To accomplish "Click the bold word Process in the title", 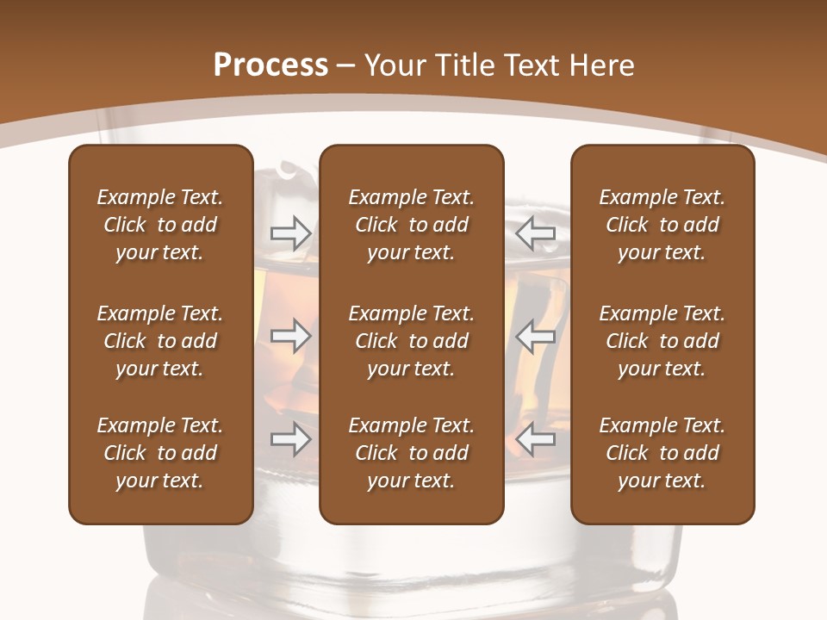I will [x=270, y=65].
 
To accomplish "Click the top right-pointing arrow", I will [x=290, y=232].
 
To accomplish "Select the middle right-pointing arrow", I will [x=290, y=336].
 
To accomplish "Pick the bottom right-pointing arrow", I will [x=290, y=440].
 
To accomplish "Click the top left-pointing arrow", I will [x=536, y=232].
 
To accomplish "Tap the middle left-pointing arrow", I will [x=536, y=336].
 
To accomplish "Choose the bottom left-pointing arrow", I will [x=536, y=440].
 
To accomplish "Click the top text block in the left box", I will [x=160, y=225].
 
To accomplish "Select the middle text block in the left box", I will [x=160, y=341].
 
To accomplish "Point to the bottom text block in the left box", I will [x=160, y=453].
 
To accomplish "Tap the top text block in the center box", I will [x=411, y=225].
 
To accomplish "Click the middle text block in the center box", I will [x=411, y=341].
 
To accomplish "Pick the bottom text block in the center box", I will [x=411, y=453].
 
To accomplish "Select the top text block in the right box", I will [x=662, y=225].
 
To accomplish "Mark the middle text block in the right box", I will [x=662, y=341].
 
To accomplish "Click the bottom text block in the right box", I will [x=662, y=453].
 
